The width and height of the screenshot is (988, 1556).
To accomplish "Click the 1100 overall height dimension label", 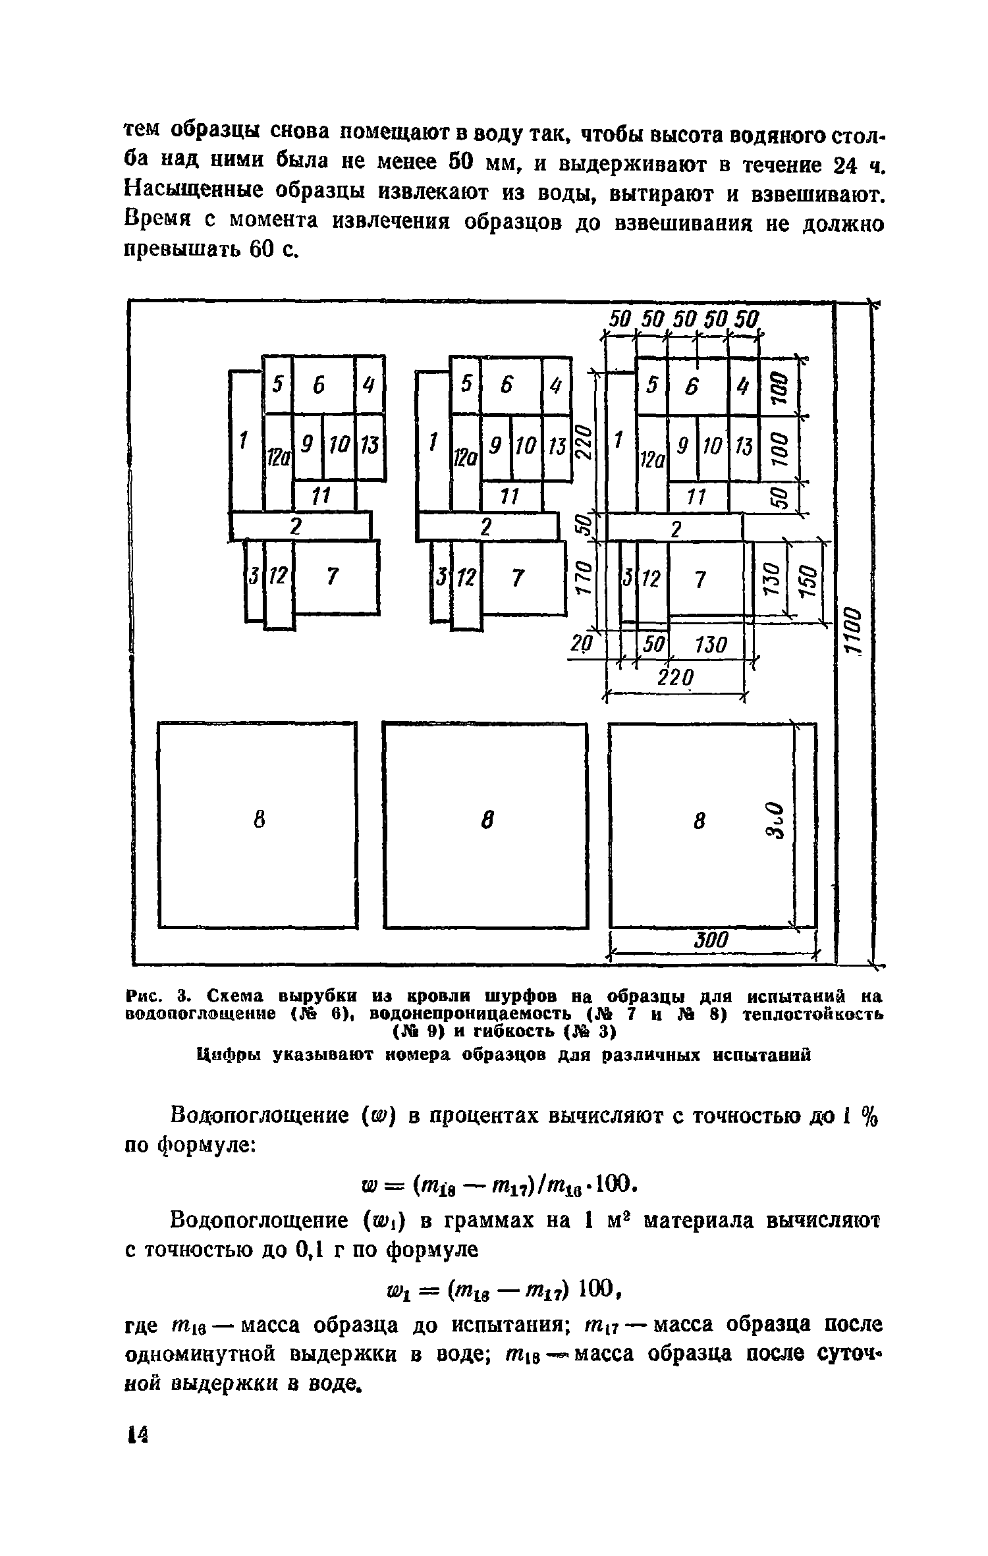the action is coord(854,631).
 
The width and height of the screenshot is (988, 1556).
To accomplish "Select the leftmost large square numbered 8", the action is coord(258,825).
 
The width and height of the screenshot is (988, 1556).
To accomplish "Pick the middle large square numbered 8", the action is coord(485,825).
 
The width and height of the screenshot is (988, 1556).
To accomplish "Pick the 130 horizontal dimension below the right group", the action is coord(710,645).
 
